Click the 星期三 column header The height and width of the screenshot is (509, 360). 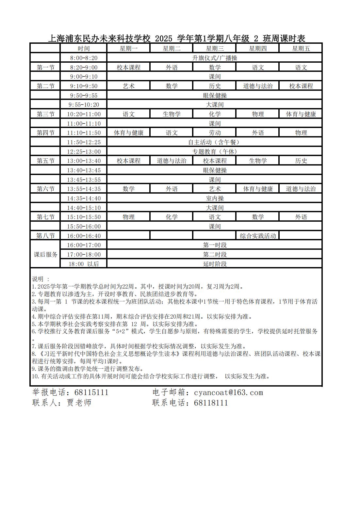(215, 49)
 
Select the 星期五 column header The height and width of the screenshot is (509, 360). (301, 49)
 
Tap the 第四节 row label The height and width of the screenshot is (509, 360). (45, 133)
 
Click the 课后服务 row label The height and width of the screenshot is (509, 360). (45, 254)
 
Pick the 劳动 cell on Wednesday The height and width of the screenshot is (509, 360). (215, 133)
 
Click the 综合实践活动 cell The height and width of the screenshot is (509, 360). (258, 236)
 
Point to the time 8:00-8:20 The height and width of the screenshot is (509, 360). (84, 58)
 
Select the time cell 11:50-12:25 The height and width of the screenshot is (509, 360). (84, 142)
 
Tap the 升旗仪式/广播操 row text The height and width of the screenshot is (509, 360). (215, 58)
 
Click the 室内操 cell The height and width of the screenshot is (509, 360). (215, 199)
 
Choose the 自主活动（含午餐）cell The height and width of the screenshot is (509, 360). (215, 142)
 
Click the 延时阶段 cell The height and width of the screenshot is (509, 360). (215, 264)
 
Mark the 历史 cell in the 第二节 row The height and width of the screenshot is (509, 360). (215, 86)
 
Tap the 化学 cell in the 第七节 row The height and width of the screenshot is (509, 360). (172, 217)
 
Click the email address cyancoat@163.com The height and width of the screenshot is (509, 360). (228, 392)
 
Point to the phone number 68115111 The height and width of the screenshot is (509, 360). (91, 392)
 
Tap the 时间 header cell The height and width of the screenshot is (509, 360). (84, 49)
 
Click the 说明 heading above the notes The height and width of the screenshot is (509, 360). (38, 279)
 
